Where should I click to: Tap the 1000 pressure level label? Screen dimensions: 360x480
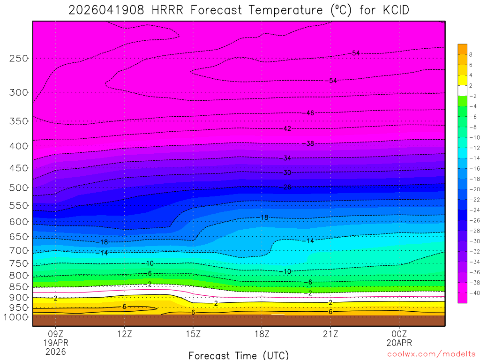[16, 317]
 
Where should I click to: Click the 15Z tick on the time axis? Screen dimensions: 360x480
[193, 334]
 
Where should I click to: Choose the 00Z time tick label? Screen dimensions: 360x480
[399, 334]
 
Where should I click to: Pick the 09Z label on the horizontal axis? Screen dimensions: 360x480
[56, 334]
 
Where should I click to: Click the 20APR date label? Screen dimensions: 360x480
[399, 343]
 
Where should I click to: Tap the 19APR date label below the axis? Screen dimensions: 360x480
[56, 343]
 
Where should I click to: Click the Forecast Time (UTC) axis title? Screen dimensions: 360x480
[239, 355]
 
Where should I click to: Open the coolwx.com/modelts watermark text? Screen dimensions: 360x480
[431, 354]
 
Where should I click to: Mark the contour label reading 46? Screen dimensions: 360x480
[310, 113]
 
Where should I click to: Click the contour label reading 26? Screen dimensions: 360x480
[287, 187]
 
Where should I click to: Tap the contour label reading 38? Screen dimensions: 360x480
[309, 143]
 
